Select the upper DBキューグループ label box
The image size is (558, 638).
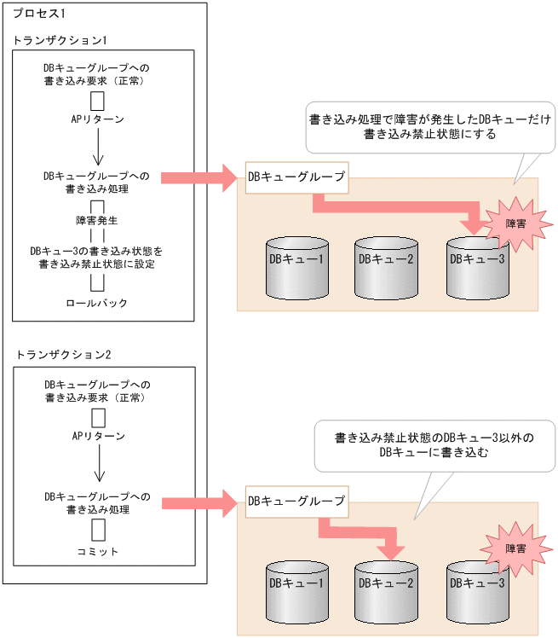click(296, 177)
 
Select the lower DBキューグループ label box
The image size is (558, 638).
click(296, 501)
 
